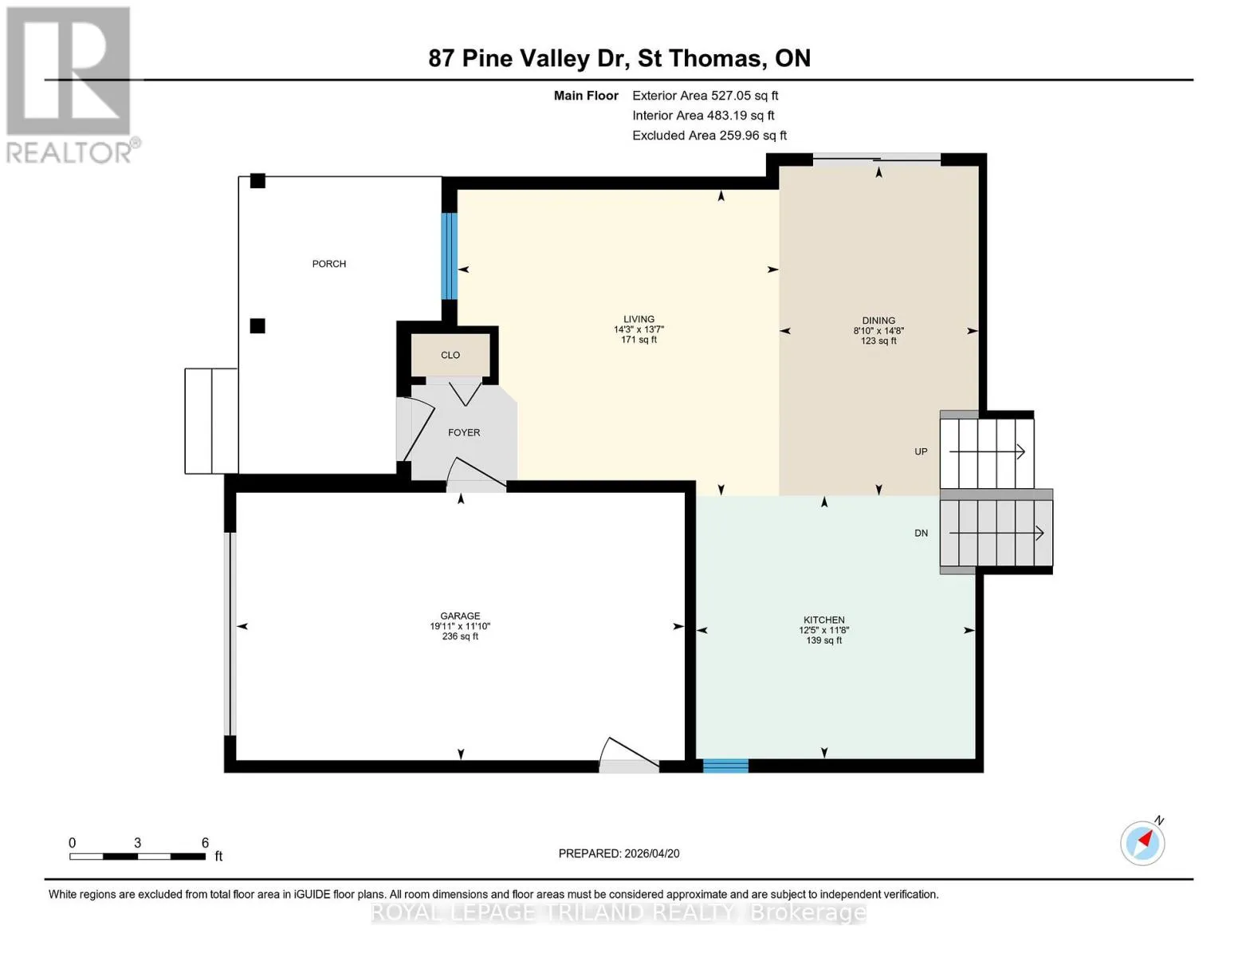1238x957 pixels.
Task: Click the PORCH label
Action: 328,263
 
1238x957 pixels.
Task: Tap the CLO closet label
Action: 450,355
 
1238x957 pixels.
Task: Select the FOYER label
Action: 464,432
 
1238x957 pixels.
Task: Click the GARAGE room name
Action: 460,616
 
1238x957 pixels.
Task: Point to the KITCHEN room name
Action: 823,620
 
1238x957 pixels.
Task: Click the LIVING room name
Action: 639,319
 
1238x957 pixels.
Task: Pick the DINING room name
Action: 878,321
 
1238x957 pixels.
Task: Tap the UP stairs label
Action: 921,451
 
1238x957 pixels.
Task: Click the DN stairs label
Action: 921,533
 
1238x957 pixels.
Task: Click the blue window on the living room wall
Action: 450,256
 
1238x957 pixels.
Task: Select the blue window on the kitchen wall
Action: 725,766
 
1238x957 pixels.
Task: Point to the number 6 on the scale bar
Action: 205,842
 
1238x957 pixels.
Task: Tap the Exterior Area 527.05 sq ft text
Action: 705,96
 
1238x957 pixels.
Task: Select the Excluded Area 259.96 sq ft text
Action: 709,136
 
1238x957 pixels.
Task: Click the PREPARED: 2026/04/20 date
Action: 619,853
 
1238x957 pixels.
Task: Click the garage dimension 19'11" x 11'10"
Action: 460,626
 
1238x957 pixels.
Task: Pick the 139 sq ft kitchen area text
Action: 823,640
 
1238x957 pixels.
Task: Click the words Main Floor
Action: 586,96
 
